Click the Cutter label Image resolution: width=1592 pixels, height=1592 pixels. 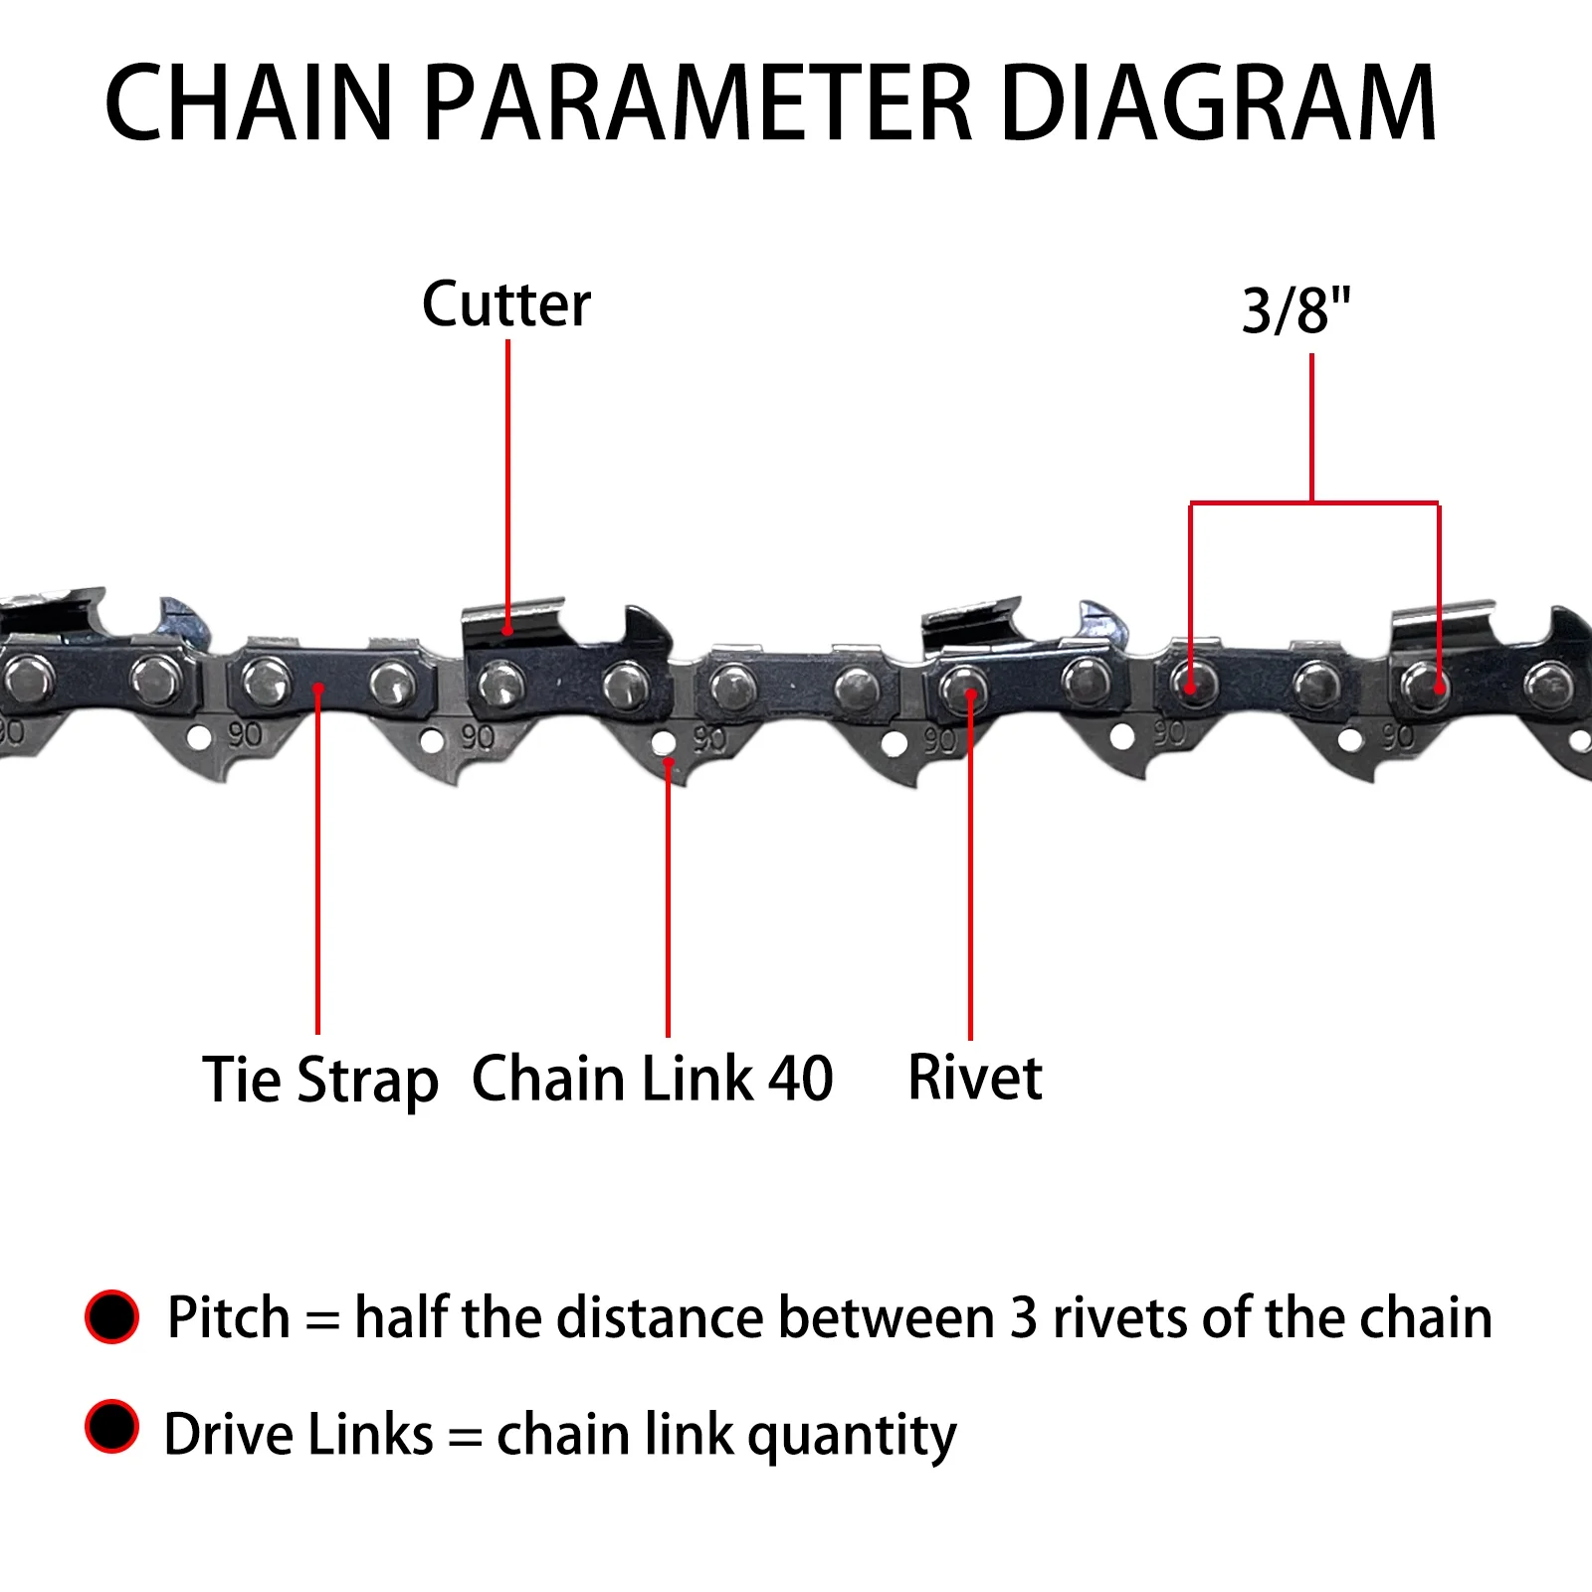pyautogui.click(x=506, y=304)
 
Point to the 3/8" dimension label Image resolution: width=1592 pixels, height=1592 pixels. pyautogui.click(x=1296, y=310)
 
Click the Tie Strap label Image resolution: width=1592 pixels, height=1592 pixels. pyautogui.click(x=319, y=1081)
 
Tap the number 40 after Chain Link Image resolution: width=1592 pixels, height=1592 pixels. pyautogui.click(x=800, y=1079)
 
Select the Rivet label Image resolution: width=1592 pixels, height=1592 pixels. pyautogui.click(x=975, y=1078)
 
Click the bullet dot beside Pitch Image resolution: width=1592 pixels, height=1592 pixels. pyautogui.click(x=112, y=1316)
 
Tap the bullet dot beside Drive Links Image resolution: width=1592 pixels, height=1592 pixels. pyautogui.click(x=112, y=1426)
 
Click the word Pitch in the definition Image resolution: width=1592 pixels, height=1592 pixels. pyautogui.click(x=229, y=1318)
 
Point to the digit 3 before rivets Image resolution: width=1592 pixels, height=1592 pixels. pyautogui.click(x=1024, y=1318)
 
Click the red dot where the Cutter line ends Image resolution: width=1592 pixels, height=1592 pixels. pyautogui.click(x=507, y=629)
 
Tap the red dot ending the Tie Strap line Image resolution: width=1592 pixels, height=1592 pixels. pyautogui.click(x=318, y=689)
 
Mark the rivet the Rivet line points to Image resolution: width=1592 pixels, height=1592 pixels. pyautogui.click(x=963, y=690)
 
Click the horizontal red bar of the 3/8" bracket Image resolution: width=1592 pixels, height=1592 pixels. pyautogui.click(x=1313, y=503)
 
